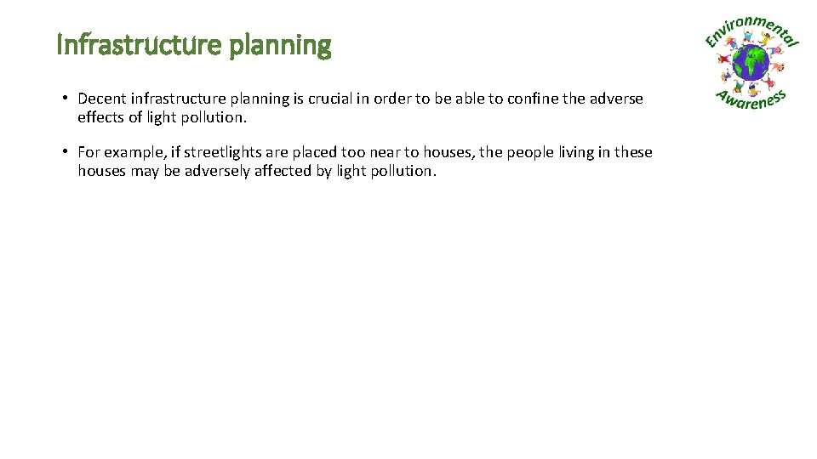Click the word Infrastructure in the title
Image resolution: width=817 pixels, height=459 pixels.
140,44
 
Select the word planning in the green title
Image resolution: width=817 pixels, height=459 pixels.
280,46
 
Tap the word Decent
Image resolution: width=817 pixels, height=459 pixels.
102,99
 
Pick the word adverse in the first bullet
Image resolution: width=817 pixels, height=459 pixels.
616,99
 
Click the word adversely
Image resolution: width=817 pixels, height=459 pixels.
218,171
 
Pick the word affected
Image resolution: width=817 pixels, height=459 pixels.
283,171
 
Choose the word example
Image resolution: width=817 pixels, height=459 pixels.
131,152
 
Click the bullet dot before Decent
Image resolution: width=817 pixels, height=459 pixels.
65,99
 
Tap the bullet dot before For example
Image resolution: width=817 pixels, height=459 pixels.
65,152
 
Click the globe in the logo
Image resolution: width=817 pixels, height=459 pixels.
751,63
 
